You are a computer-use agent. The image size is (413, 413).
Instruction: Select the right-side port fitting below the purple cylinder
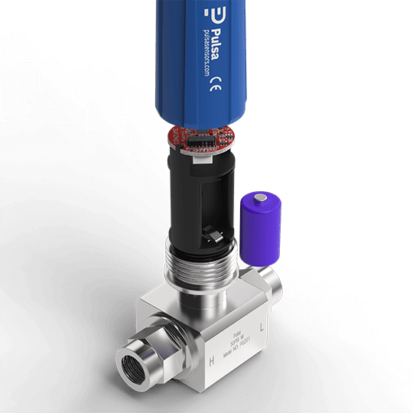(271, 282)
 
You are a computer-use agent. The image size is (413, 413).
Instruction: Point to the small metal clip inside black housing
(209, 232)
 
